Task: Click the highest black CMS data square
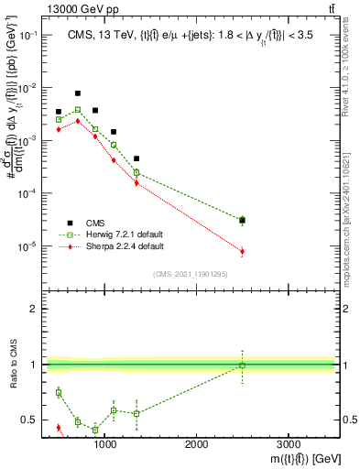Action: (78, 93)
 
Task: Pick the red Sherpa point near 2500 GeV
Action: (242, 251)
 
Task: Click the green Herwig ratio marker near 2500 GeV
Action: (242, 365)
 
